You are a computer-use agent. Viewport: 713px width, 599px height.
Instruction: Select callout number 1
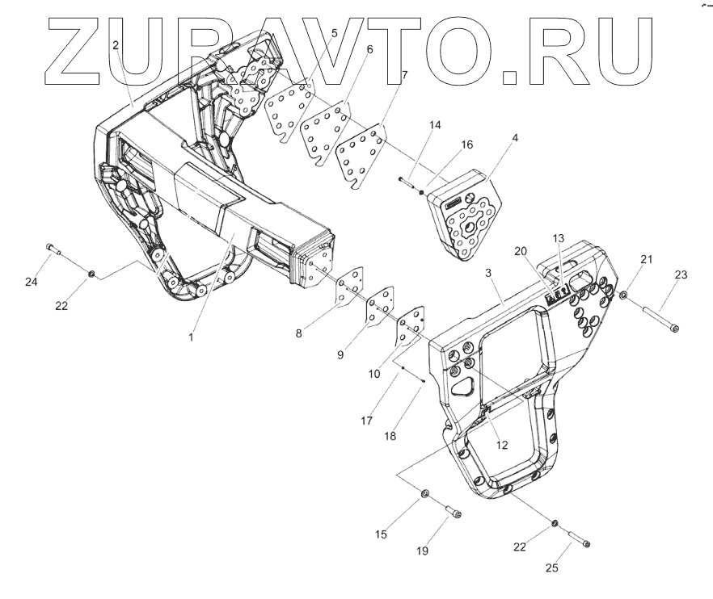point(192,338)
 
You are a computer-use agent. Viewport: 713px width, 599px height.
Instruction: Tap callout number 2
point(116,46)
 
